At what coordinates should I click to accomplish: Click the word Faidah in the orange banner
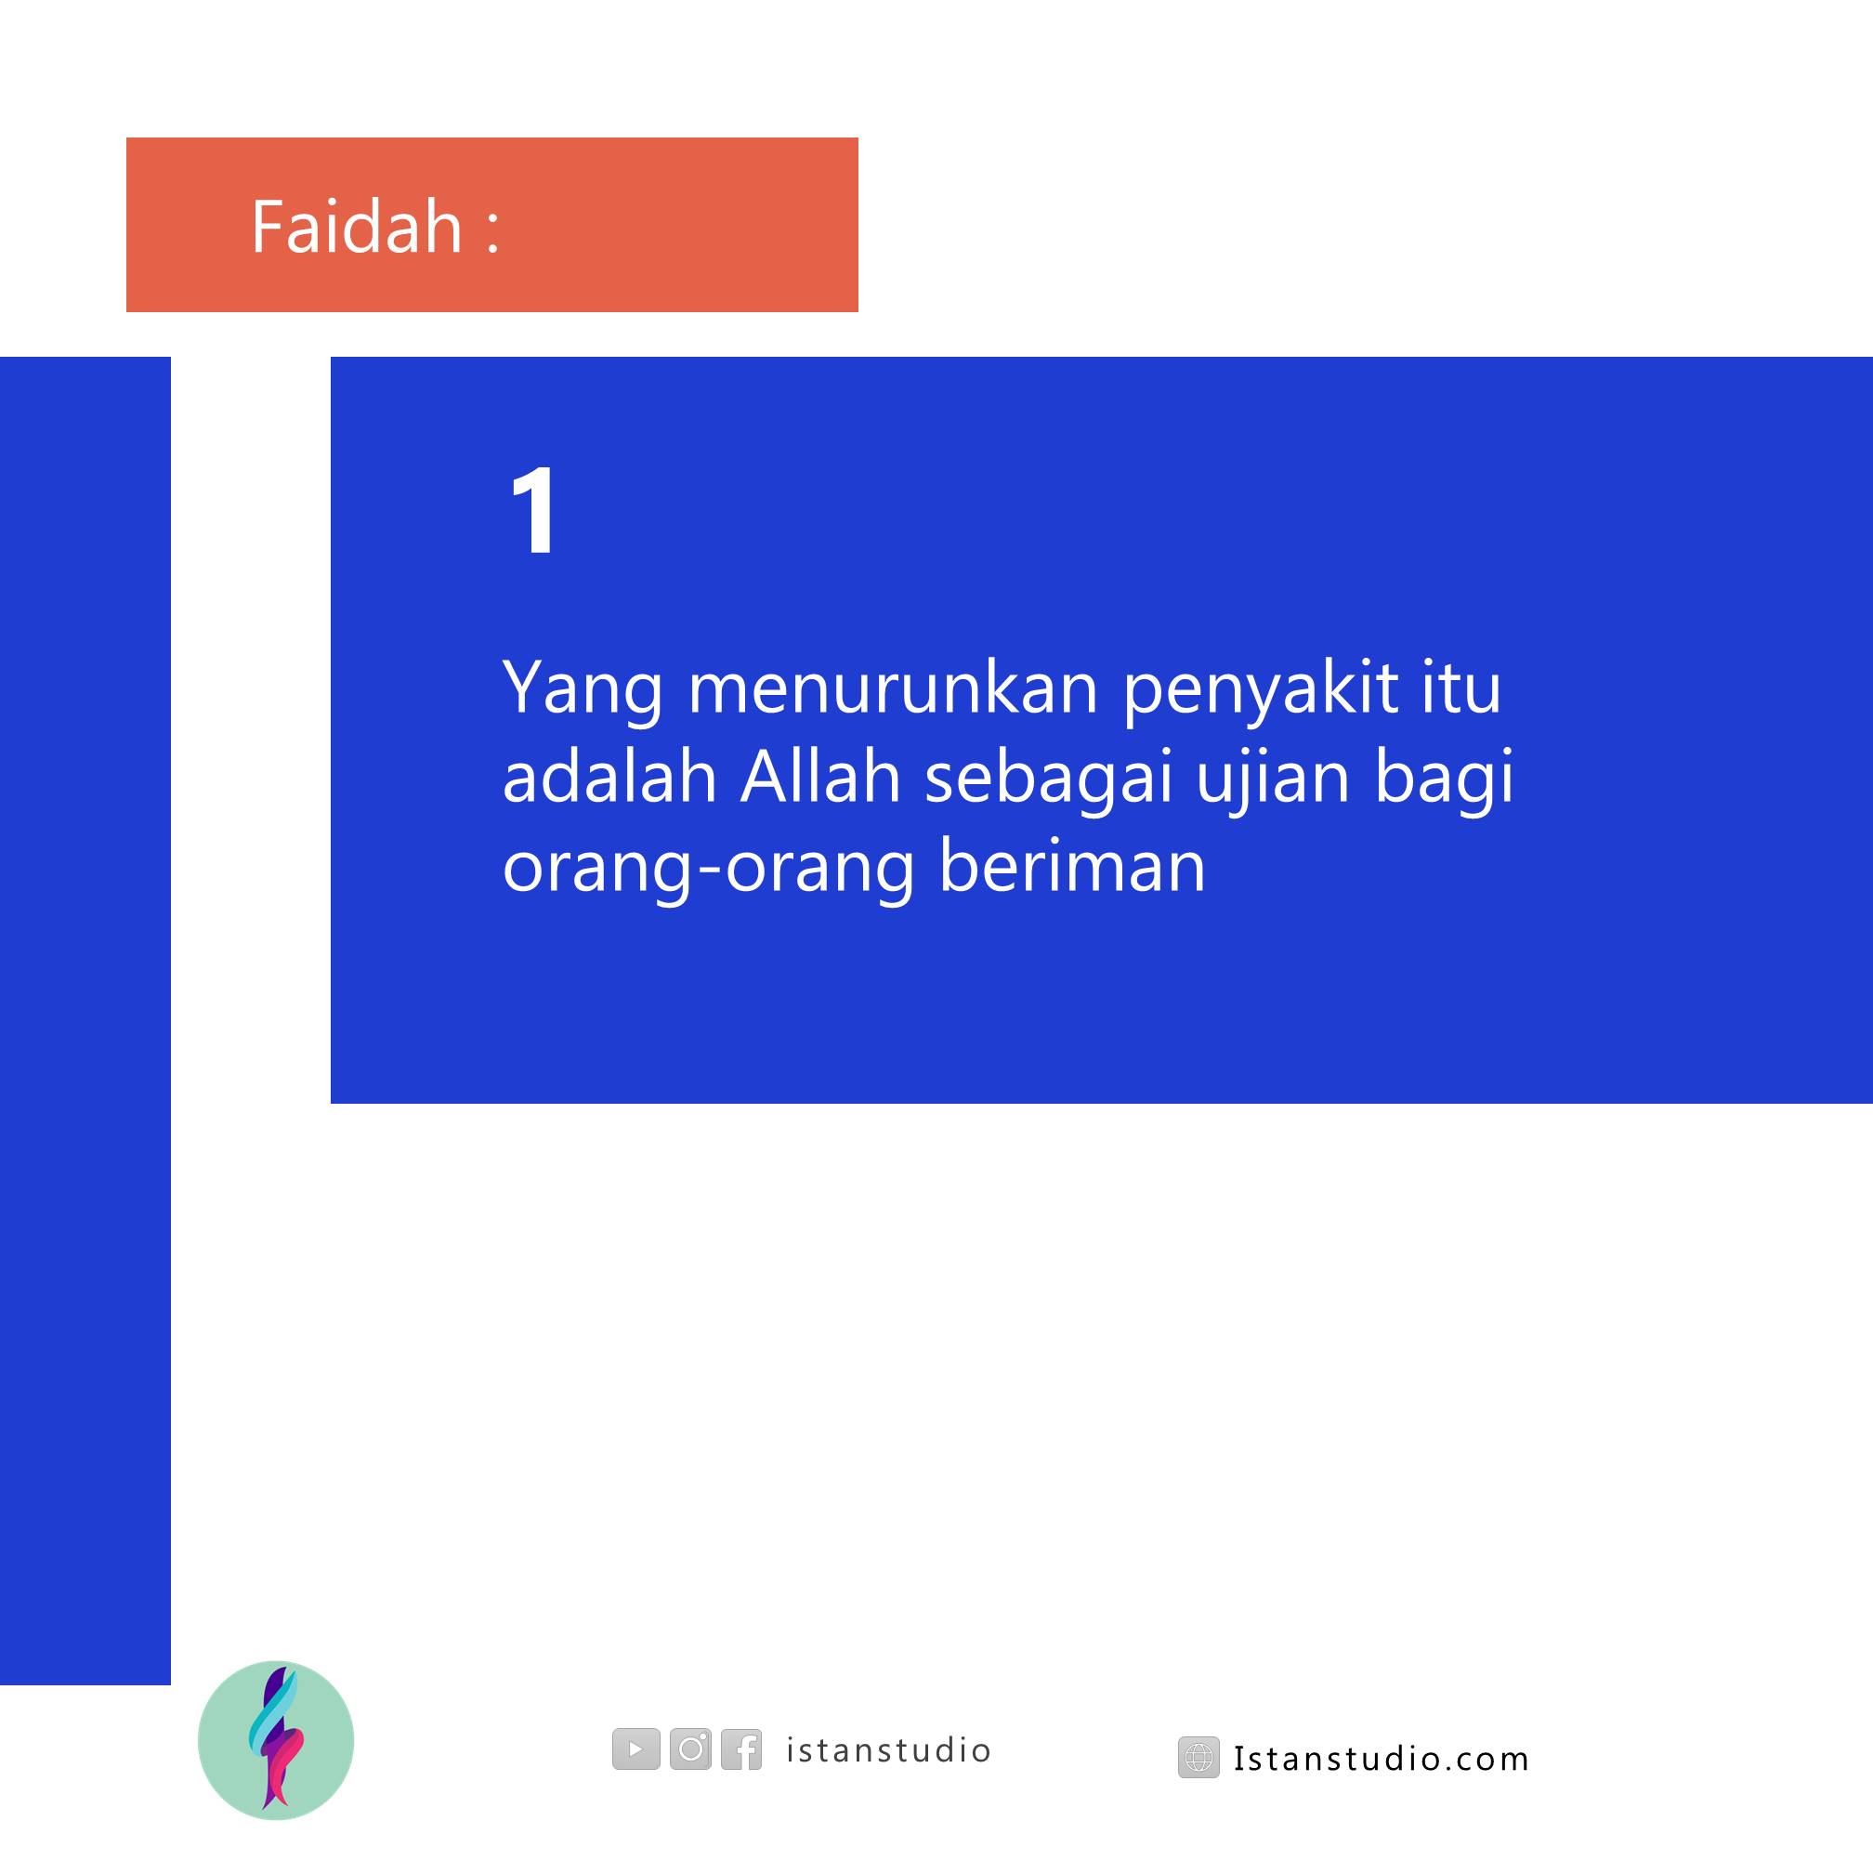pos(357,227)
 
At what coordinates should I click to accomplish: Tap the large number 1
pos(533,510)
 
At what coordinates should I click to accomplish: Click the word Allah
pos(820,778)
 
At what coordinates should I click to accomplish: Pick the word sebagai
pos(1050,781)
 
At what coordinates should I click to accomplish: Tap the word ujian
pos(1273,781)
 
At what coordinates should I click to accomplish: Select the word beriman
pos(1072,866)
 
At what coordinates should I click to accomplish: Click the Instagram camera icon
pos(690,1749)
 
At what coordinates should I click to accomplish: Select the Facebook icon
pos(741,1749)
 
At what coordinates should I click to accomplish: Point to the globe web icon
pos(1199,1758)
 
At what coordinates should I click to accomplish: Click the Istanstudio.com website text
pos(1382,1759)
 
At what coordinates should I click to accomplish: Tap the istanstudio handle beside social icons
pos(888,1749)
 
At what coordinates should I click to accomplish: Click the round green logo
pos(275,1740)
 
